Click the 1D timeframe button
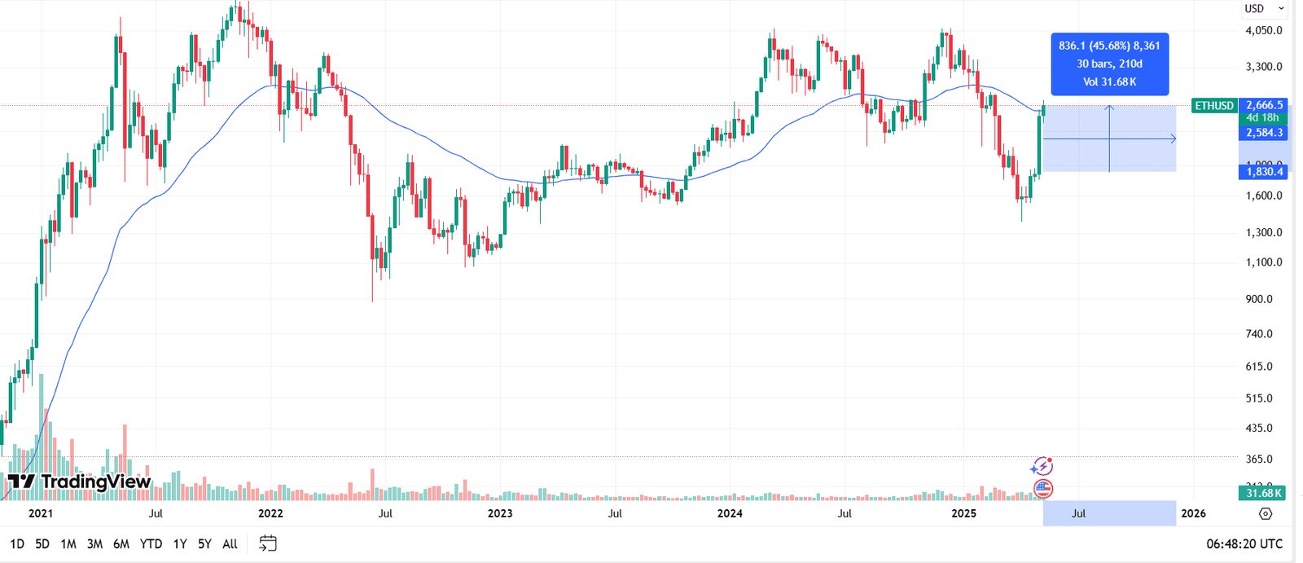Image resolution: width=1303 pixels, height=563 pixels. (17, 543)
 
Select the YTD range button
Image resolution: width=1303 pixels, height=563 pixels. (151, 543)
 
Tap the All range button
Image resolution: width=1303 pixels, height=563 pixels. (230, 543)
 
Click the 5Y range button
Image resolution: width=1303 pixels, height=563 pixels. (204, 543)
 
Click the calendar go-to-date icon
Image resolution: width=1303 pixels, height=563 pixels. (268, 543)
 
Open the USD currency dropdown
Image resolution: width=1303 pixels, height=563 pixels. (1264, 8)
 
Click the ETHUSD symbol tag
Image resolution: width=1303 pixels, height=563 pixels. (1214, 105)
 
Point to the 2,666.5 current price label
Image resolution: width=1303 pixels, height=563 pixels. (1264, 105)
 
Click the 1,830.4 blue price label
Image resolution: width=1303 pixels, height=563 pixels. (1264, 171)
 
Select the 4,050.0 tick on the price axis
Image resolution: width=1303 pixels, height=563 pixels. (1264, 30)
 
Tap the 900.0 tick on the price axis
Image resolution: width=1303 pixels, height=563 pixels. (1259, 299)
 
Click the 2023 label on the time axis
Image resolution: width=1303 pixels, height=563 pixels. (500, 513)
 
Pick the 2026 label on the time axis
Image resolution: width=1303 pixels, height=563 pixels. (1193, 513)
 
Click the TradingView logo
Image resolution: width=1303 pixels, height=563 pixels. (80, 482)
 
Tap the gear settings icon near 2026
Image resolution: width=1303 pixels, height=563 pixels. (1266, 513)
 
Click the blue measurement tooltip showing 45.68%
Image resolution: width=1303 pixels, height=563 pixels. (1109, 64)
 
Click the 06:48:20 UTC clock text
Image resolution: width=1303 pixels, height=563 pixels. (1244, 543)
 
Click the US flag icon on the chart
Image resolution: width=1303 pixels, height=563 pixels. (1043, 489)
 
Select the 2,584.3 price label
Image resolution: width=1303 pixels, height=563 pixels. (1264, 132)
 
